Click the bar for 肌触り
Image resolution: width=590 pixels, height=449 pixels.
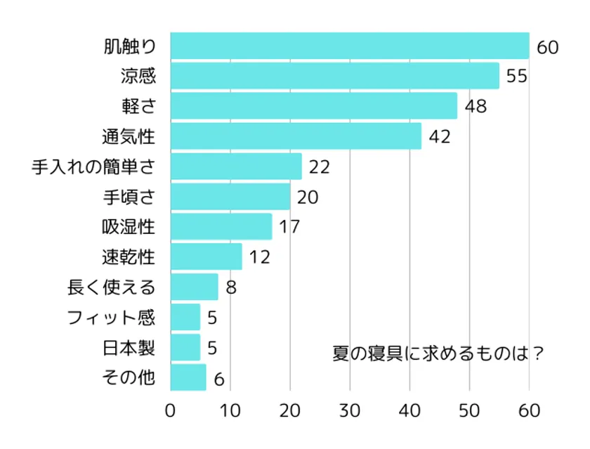pos(349,46)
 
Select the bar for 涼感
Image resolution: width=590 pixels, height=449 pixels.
pos(334,76)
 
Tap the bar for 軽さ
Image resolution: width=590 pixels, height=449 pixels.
pos(313,106)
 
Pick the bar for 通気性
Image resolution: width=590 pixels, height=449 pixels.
pos(296,136)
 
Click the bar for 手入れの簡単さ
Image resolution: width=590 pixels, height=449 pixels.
pos(236,167)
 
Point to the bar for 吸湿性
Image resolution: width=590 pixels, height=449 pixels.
pos(221,227)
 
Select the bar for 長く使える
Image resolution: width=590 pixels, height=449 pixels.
pos(195,287)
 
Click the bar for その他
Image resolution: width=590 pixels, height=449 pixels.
pos(188,377)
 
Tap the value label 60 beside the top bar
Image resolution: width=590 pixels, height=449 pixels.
pos(547,47)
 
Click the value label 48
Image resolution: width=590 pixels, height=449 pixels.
pos(476,107)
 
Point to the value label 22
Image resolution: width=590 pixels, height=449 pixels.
pos(319,167)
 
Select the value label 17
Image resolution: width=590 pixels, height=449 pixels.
pos(289,228)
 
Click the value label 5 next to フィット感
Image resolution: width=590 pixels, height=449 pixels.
pos(212,318)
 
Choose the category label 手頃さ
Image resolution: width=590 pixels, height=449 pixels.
pos(129,197)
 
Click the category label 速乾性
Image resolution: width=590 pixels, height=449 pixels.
pos(129,257)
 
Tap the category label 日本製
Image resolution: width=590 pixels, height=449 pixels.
pos(129,348)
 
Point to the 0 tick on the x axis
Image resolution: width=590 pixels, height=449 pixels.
pos(171,410)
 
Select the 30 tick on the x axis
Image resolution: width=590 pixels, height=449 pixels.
pos(350,410)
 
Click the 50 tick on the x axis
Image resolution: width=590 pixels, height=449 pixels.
pos(469,410)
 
